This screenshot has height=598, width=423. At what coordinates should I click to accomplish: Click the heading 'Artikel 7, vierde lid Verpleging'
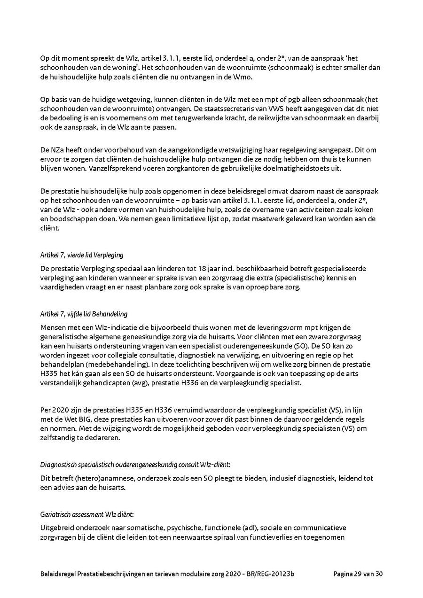coord(82,255)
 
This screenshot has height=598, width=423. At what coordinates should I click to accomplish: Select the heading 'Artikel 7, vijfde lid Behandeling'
coord(84,314)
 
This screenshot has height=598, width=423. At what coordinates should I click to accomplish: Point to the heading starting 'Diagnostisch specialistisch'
coord(135,465)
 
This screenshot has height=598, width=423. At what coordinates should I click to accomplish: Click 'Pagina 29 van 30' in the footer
coord(359,574)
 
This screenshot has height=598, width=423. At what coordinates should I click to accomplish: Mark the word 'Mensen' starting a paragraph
coord(53,327)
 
